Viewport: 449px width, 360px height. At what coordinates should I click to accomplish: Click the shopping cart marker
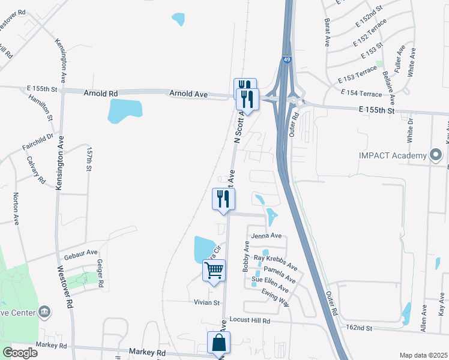[214, 271]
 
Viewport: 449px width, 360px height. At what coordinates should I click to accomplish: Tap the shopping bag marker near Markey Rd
[218, 343]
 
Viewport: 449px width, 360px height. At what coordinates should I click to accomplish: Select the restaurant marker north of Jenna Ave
[223, 199]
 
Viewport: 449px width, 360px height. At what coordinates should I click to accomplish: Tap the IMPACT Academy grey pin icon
[436, 155]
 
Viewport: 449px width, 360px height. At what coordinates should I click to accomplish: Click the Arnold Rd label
[101, 93]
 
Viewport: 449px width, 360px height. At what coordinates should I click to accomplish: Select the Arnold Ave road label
[188, 94]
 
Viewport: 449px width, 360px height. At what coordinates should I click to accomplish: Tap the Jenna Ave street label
[267, 236]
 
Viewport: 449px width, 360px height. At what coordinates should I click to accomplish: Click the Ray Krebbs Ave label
[276, 262]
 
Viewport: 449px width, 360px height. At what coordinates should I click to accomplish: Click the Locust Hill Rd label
[250, 321]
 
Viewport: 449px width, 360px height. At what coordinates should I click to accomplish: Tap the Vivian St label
[208, 303]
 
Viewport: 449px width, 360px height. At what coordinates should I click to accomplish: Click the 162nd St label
[361, 328]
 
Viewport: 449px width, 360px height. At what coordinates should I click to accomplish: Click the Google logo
[20, 352]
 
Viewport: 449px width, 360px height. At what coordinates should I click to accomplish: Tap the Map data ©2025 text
[423, 355]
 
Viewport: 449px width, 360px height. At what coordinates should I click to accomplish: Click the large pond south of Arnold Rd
[125, 110]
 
